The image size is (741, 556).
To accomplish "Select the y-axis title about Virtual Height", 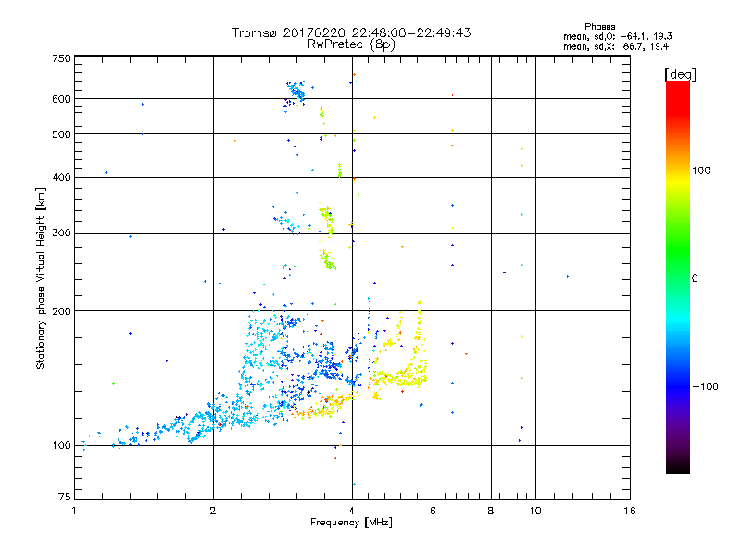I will point(41,279).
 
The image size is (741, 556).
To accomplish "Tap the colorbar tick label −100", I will point(707,386).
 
